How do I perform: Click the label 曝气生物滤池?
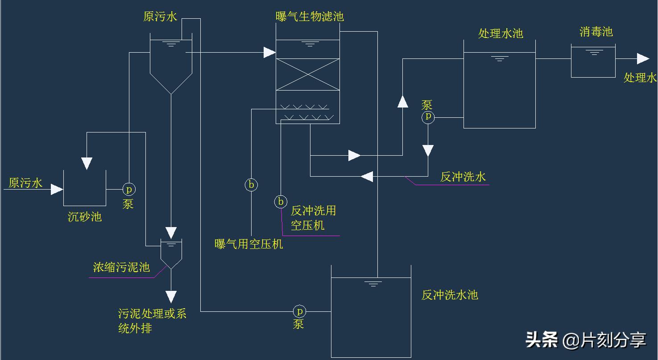coord(310,17)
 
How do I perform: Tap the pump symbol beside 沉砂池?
coord(129,190)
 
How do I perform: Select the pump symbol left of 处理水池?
coord(428,117)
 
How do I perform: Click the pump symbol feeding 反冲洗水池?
coord(299,311)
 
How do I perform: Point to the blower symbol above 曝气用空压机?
coord(251,185)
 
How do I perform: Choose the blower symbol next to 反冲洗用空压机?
coord(281,202)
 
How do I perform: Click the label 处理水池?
coord(500,33)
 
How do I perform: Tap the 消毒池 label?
coord(596,32)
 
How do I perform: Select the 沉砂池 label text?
coord(85,217)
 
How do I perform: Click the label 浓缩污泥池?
coord(121,267)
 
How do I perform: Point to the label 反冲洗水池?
coord(450,295)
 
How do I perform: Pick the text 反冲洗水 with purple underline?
coord(463,177)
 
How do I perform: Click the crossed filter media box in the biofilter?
coord(308,74)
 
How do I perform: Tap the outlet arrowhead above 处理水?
coord(643,58)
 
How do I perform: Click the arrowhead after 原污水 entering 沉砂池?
coord(57,189)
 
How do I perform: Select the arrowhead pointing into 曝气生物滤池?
coord(269,53)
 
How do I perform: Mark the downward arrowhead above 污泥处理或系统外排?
coord(171,297)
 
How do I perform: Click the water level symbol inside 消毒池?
coord(593,53)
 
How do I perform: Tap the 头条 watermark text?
coord(542,339)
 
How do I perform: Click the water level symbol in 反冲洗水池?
coord(373,283)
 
